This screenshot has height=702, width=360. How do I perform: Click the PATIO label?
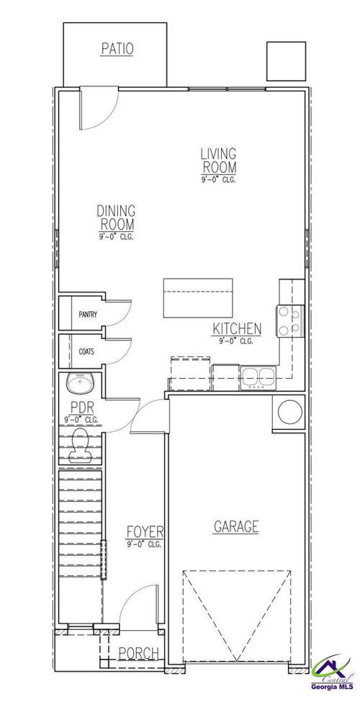(118, 49)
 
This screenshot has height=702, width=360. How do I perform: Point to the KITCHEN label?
(236, 330)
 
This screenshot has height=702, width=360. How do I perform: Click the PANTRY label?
(88, 315)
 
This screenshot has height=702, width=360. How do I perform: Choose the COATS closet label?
(86, 352)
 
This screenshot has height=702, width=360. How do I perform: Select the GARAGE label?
(236, 526)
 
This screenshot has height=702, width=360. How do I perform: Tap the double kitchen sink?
(256, 377)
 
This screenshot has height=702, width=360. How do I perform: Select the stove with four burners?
(289, 321)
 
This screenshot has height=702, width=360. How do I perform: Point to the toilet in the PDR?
(80, 446)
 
